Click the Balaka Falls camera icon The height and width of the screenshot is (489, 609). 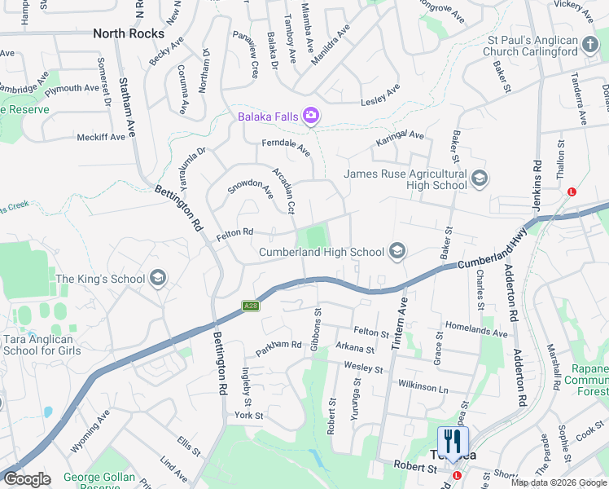(x=310, y=117)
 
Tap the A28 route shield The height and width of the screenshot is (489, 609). (x=251, y=306)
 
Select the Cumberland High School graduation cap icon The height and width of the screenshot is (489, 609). (x=397, y=252)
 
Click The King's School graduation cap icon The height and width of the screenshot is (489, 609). (x=158, y=279)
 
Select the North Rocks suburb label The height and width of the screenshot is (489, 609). (x=128, y=33)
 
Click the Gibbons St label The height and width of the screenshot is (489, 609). (x=318, y=324)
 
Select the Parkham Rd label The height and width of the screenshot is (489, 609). (x=278, y=348)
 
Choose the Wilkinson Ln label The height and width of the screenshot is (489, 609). (x=423, y=385)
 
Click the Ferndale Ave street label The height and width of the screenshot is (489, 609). (x=286, y=148)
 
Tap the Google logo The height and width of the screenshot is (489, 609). (x=27, y=479)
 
